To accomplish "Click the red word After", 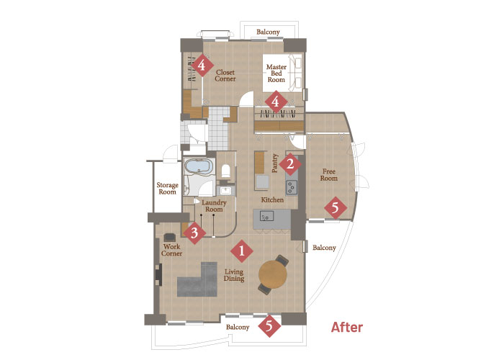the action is point(347,328).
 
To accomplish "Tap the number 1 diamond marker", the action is point(242,251).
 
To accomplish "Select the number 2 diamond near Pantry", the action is point(290,164).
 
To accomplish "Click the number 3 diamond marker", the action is point(194,233).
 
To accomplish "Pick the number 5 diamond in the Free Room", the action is point(336,208).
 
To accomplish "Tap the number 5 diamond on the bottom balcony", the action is point(269,326).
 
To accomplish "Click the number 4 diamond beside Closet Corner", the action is point(202,66).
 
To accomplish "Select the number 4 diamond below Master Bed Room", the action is point(276,102).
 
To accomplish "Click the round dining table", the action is point(273,274).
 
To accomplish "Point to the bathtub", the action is point(199,166).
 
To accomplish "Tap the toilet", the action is point(225,171).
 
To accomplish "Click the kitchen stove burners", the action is point(292,187).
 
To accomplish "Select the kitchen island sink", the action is point(267,216).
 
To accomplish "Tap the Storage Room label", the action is point(168,189).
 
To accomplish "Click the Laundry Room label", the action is point(214,206).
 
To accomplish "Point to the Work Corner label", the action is point(171,250).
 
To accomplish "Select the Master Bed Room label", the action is point(276,73).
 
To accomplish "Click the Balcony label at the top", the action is point(268,32).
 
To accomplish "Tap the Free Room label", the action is point(329,175).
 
